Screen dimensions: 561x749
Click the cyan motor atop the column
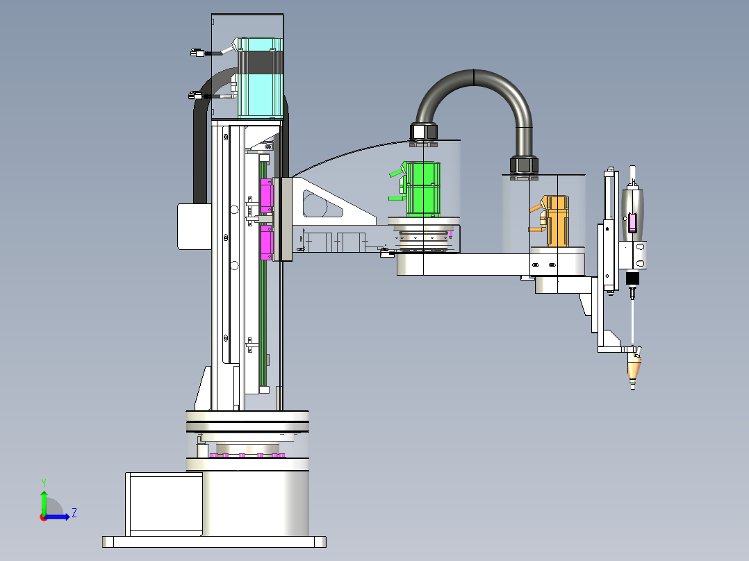pos(261,78)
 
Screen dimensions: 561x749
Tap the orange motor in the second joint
pos(557,221)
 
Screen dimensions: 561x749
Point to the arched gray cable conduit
pos(475,83)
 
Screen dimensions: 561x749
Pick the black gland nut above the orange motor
pos(524,165)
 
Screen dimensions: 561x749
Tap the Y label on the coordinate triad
pos(43,482)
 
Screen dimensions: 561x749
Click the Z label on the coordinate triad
pos(74,513)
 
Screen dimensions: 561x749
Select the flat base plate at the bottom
pos(214,542)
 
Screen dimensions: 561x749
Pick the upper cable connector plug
pos(197,53)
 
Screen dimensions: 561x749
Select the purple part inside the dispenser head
pos(632,223)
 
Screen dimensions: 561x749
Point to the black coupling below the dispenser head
pos(632,279)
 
